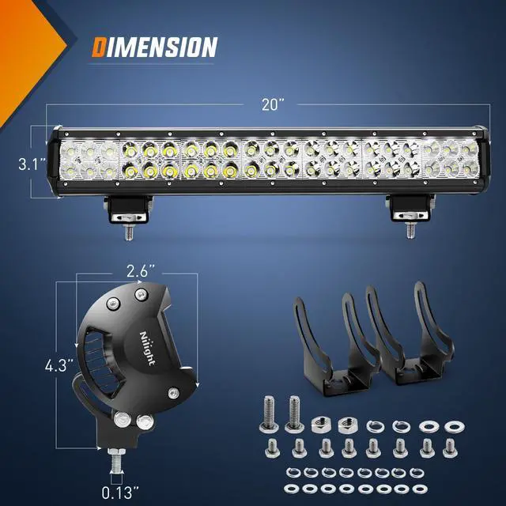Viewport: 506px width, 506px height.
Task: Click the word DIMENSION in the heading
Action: pos(153,47)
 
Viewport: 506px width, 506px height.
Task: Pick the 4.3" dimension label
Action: pos(59,365)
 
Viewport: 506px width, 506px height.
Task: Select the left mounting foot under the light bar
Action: pos(127,210)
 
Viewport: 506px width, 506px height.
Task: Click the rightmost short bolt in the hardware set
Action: pos(453,450)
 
